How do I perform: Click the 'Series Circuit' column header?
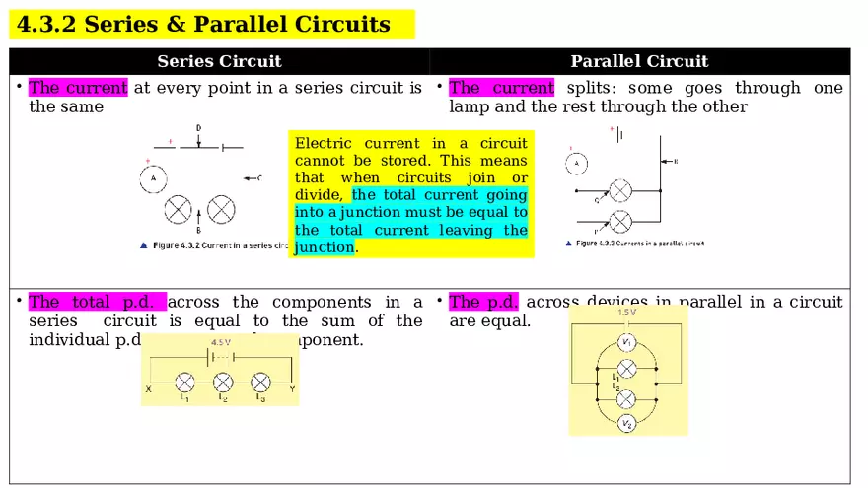click(219, 61)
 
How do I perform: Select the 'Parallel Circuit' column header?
click(639, 61)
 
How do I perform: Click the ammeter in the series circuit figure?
click(153, 178)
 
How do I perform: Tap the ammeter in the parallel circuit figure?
click(577, 164)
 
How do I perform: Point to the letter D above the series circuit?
click(198, 128)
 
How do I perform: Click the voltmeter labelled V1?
click(626, 342)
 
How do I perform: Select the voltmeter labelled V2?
click(626, 423)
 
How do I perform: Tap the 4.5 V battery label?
click(220, 343)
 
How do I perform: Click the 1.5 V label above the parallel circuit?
click(626, 313)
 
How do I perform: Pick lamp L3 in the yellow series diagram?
click(260, 383)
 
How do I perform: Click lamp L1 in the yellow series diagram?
click(184, 383)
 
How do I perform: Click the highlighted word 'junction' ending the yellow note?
click(324, 247)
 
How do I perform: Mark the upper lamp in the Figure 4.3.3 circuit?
click(620, 190)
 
